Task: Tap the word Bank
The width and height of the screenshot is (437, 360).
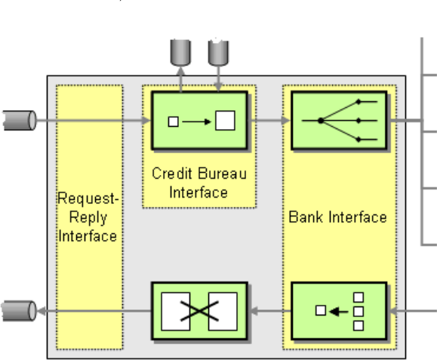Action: pos(306,217)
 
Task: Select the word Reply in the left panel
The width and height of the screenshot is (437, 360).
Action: pos(88,218)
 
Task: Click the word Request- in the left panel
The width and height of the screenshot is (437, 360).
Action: pos(88,199)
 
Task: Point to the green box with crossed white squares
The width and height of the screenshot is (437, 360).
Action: pos(199,311)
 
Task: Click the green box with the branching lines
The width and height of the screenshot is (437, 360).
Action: pos(339,120)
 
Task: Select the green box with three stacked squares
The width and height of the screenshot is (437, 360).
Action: pos(339,311)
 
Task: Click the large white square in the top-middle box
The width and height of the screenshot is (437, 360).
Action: pos(225,120)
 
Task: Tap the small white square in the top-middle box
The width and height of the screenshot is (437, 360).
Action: pos(174,122)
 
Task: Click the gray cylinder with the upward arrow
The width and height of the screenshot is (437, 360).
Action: pos(180,53)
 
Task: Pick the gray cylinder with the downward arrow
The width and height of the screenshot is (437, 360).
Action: pos(219,53)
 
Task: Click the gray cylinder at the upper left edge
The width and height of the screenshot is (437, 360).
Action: pos(20,120)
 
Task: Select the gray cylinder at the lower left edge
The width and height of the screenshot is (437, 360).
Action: pos(19,311)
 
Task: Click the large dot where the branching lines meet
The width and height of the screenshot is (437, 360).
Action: pos(321,121)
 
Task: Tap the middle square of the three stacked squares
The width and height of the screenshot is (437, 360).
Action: pos(359,311)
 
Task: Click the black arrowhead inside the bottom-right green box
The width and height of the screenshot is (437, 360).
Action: pos(334,311)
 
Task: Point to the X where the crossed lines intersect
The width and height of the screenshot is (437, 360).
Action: pos(199,311)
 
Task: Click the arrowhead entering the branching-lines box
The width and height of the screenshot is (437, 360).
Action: pos(285,120)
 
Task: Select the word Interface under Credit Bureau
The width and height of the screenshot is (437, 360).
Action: pos(198,192)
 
